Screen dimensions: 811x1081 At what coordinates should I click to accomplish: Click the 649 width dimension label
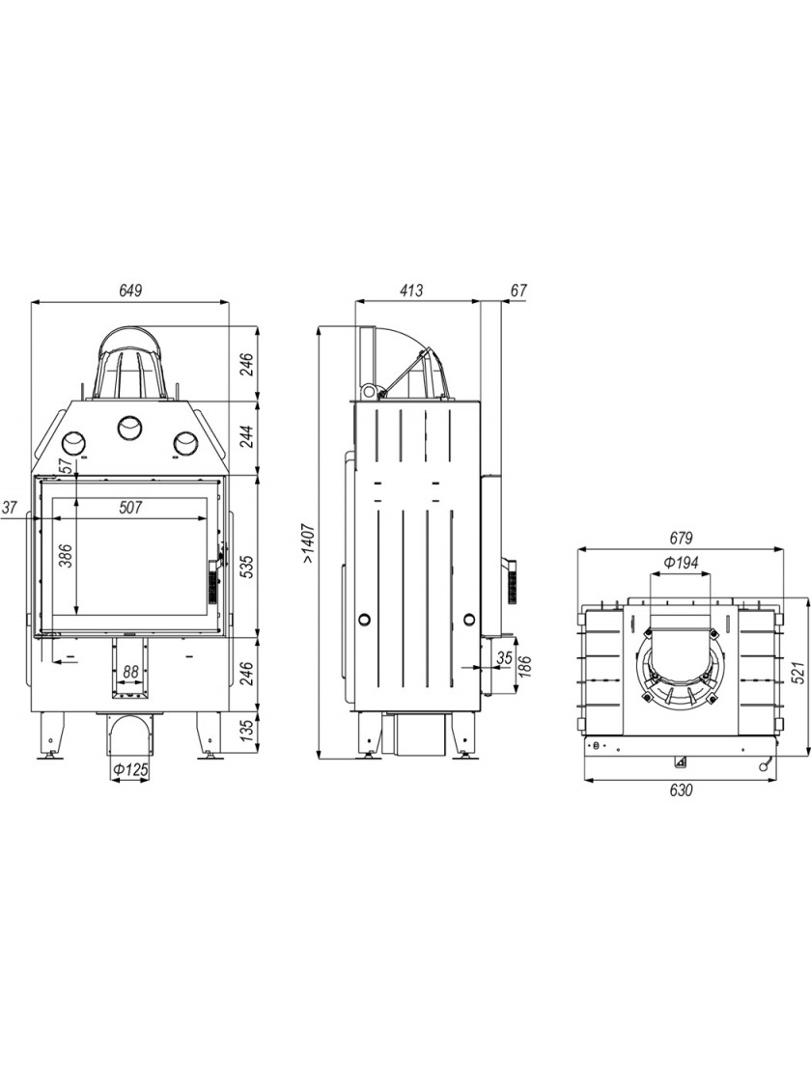pyautogui.click(x=130, y=291)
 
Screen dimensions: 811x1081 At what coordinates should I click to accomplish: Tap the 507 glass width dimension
pyautogui.click(x=129, y=508)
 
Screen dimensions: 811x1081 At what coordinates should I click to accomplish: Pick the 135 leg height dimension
pyautogui.click(x=247, y=732)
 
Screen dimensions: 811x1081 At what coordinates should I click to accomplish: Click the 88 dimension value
pyautogui.click(x=130, y=671)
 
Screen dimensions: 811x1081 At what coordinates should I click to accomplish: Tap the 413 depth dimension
pyautogui.click(x=411, y=291)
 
